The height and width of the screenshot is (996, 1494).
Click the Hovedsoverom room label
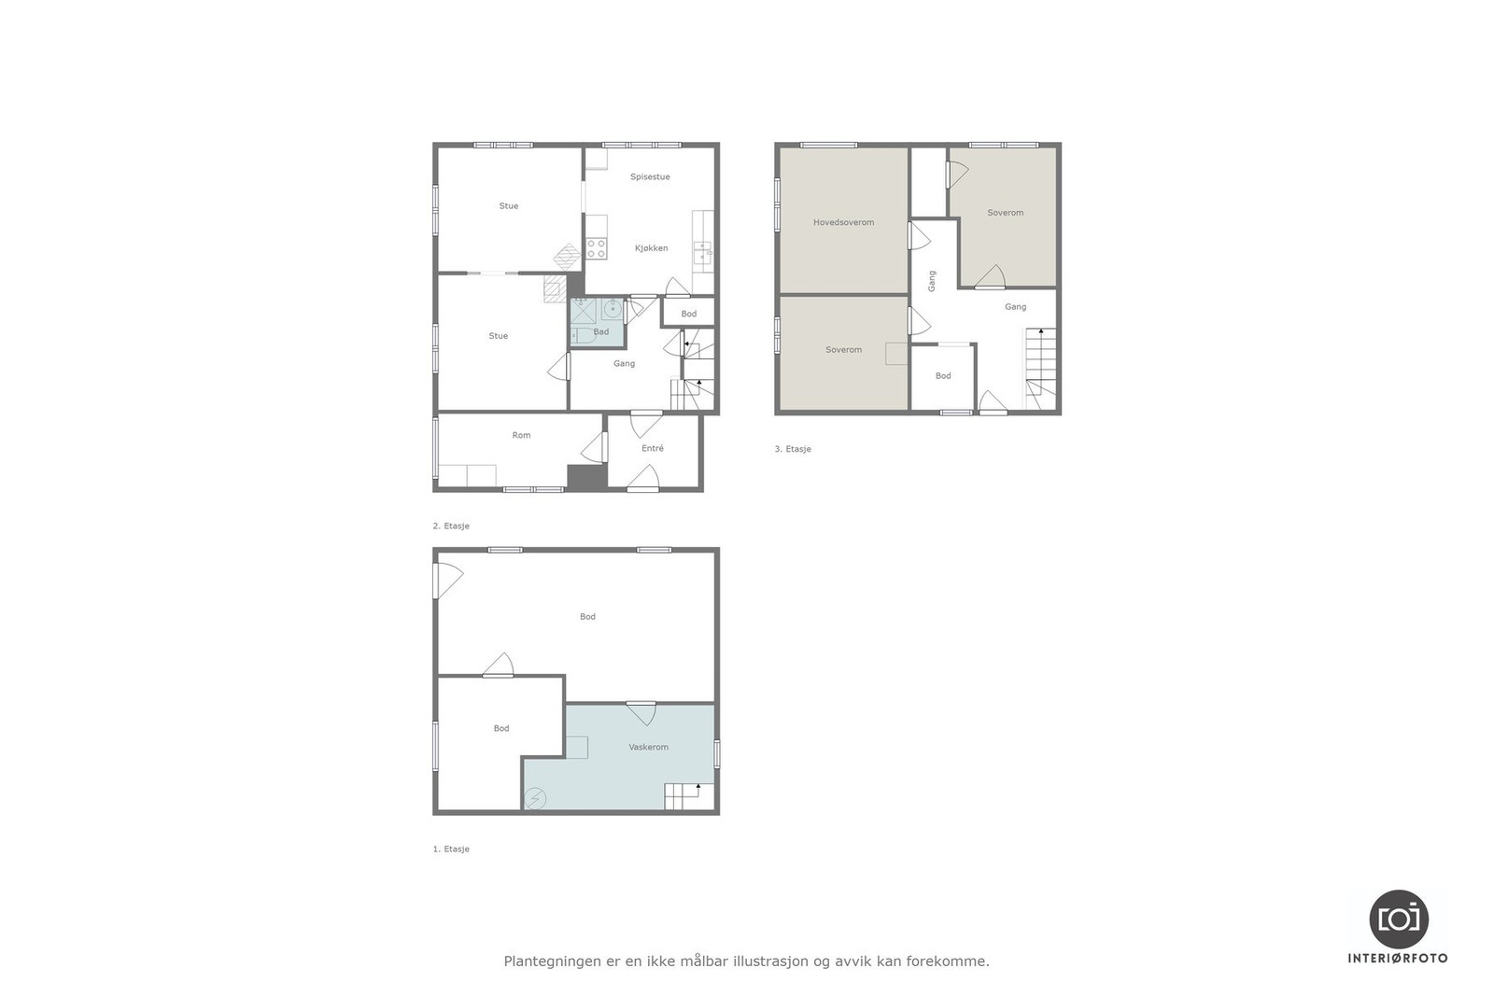[x=843, y=222]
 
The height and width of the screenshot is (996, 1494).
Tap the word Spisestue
[x=650, y=176]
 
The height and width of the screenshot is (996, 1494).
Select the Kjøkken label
[x=651, y=248]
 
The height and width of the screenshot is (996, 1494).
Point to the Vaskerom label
[x=648, y=747]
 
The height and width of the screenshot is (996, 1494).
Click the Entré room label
[x=653, y=448]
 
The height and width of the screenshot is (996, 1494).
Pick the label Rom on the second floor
[x=521, y=435]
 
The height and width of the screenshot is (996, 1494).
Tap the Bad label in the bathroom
[x=601, y=331]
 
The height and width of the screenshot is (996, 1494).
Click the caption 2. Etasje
[x=451, y=526]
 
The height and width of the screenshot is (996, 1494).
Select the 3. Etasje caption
[x=793, y=449]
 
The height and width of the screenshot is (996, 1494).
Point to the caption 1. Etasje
[x=451, y=849]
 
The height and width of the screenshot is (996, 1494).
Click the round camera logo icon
[x=1398, y=919]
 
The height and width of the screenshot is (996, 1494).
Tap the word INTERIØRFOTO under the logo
[x=1398, y=958]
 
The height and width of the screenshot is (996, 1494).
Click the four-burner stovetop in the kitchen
[x=596, y=248]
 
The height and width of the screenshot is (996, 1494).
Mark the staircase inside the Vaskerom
[x=683, y=797]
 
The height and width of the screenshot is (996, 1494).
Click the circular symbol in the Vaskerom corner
[x=535, y=799]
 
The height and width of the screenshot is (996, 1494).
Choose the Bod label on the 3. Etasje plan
[x=943, y=375]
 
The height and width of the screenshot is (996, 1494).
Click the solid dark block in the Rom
[x=586, y=476]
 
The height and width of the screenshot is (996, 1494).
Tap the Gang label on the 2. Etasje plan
[x=624, y=363]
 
